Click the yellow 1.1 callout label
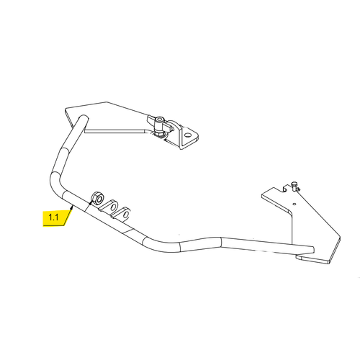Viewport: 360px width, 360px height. [x=55, y=218]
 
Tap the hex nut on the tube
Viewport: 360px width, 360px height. [x=97, y=197]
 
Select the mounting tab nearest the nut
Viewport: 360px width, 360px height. [x=109, y=207]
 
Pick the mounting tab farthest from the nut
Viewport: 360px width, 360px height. [x=122, y=213]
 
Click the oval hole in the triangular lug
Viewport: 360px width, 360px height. [x=187, y=135]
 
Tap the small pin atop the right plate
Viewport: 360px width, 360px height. [x=294, y=185]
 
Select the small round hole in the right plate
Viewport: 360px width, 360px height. [x=295, y=204]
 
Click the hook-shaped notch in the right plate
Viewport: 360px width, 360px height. [x=284, y=188]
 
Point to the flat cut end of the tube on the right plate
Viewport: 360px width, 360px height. [x=312, y=250]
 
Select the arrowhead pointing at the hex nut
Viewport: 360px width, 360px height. [x=91, y=202]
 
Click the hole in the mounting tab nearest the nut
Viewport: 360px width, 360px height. [x=113, y=207]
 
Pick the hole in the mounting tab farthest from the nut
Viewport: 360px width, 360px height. [x=126, y=214]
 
